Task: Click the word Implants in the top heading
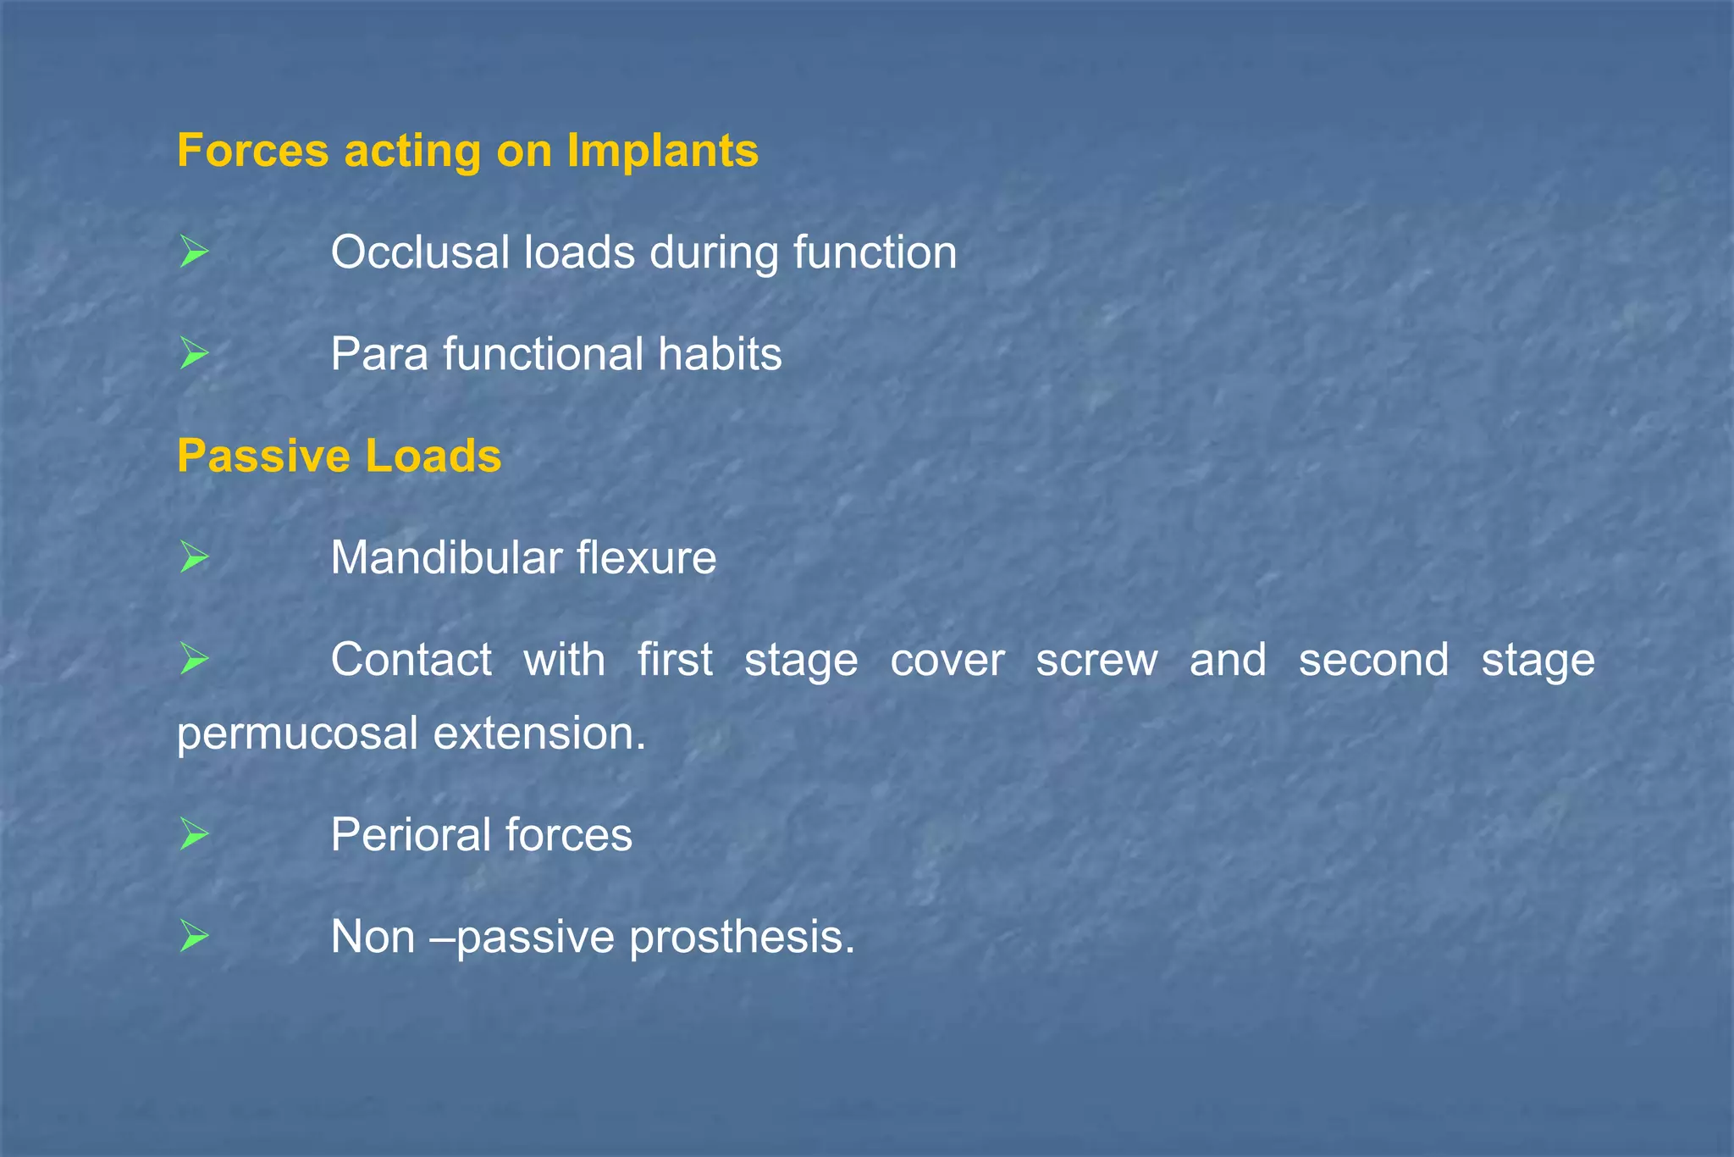662,151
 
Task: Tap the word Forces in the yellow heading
252,151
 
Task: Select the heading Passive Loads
339,456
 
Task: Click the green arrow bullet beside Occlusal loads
194,252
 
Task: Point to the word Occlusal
422,252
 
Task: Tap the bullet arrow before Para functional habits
194,354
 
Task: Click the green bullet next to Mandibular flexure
194,558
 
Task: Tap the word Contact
411,660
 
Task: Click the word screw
1096,660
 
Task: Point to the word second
1373,660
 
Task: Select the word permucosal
297,734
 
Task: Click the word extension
539,734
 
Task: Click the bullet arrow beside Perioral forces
194,835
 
